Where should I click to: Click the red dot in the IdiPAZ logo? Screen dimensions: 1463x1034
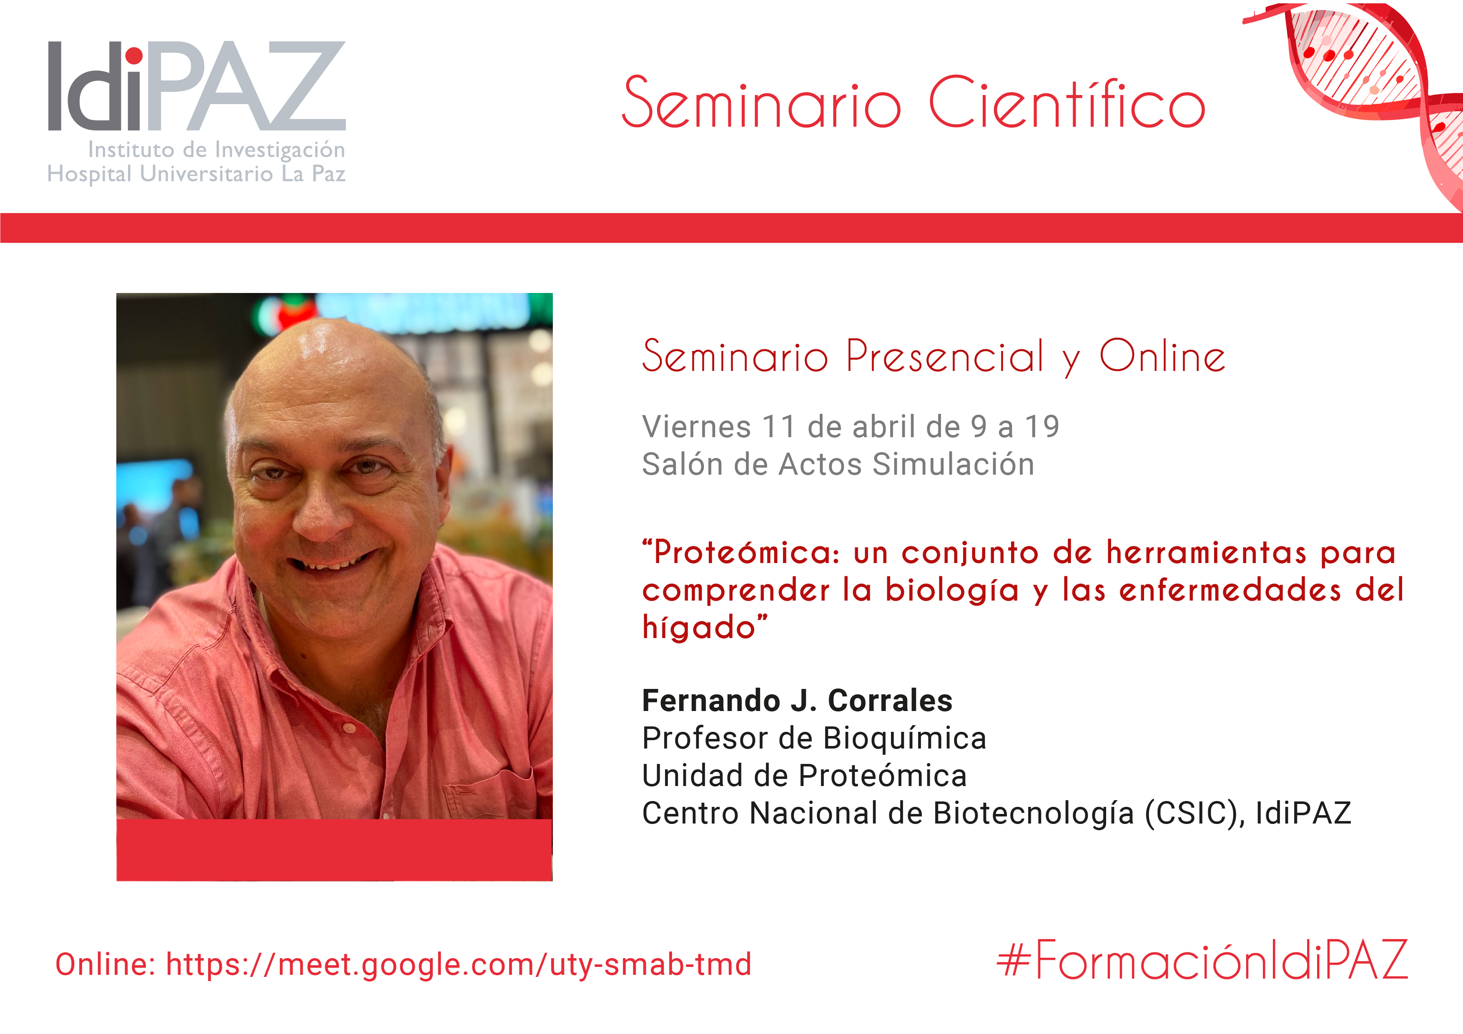pyautogui.click(x=134, y=56)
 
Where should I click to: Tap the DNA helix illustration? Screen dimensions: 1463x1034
pyautogui.click(x=1376, y=95)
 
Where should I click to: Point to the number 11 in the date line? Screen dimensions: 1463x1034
pyautogui.click(x=779, y=426)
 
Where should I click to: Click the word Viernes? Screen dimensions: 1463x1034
pyautogui.click(x=696, y=426)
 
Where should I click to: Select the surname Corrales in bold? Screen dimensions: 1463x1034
pyautogui.click(x=890, y=701)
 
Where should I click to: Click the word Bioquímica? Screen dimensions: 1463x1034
pyautogui.click(x=905, y=739)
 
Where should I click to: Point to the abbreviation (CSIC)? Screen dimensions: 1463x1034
pyautogui.click(x=1192, y=814)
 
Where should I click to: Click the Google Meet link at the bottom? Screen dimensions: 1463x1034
pyautogui.click(x=459, y=964)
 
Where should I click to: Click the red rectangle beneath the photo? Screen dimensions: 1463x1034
pyautogui.click(x=334, y=850)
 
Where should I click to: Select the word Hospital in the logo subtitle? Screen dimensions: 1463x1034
pyautogui.click(x=89, y=174)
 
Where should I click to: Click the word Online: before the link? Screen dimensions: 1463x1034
pyautogui.click(x=105, y=964)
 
